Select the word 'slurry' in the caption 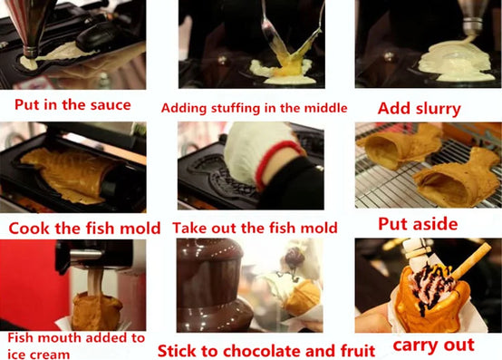(439, 109)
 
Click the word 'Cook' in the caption (30, 229)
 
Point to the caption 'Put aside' (418, 224)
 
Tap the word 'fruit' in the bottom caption (358, 350)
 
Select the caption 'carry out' (433, 345)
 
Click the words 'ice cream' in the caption (38, 355)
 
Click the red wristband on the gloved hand (275, 161)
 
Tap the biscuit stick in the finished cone (470, 260)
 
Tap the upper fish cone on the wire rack (401, 146)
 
